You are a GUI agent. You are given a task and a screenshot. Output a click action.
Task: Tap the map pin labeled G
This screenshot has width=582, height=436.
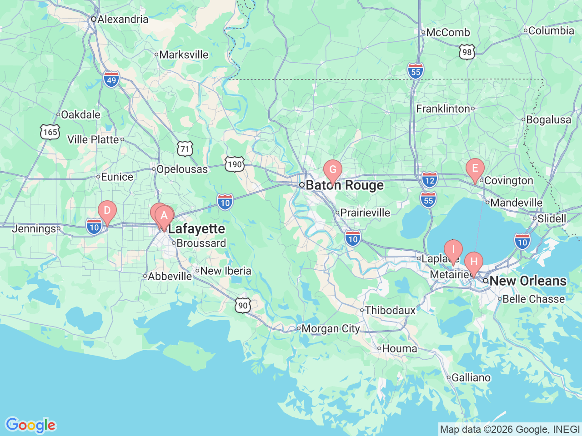pyautogui.click(x=333, y=170)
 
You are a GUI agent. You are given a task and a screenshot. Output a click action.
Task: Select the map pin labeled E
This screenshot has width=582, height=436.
pyautogui.click(x=475, y=169)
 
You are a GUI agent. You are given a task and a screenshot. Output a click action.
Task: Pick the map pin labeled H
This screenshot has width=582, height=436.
pyautogui.click(x=474, y=262)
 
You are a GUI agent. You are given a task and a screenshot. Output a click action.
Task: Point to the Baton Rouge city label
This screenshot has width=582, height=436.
pyautogui.click(x=345, y=185)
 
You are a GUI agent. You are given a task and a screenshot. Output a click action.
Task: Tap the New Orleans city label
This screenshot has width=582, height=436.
pyautogui.click(x=528, y=281)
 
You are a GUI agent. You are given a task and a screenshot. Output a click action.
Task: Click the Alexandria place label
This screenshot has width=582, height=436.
pyautogui.click(x=122, y=19)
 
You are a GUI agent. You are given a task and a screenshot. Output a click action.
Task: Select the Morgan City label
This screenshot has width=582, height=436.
pyautogui.click(x=331, y=328)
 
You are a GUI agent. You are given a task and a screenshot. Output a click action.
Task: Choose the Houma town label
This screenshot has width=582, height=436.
pyautogui.click(x=399, y=349)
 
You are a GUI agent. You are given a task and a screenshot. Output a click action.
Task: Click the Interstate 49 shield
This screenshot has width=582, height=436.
pyautogui.click(x=111, y=79)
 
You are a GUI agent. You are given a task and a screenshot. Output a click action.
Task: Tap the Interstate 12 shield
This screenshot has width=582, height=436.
pyautogui.click(x=430, y=180)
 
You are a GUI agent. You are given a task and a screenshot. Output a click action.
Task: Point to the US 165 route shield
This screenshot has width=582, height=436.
pyautogui.click(x=50, y=132)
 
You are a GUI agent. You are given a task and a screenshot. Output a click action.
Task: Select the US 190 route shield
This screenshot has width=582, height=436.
pyautogui.click(x=234, y=164)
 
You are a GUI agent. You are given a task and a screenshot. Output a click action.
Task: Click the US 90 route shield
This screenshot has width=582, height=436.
pyautogui.click(x=243, y=305)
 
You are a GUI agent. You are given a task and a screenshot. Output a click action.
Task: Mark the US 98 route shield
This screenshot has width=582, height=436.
pyautogui.click(x=467, y=52)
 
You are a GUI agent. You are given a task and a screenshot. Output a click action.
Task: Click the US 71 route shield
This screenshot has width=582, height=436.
pyautogui.click(x=185, y=149)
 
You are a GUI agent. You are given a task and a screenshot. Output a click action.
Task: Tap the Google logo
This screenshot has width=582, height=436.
pyautogui.click(x=30, y=426)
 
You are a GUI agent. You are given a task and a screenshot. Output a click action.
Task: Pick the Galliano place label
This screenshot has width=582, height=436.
pyautogui.click(x=471, y=378)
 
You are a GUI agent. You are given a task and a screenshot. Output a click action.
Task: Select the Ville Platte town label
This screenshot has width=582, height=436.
pyautogui.click(x=93, y=139)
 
